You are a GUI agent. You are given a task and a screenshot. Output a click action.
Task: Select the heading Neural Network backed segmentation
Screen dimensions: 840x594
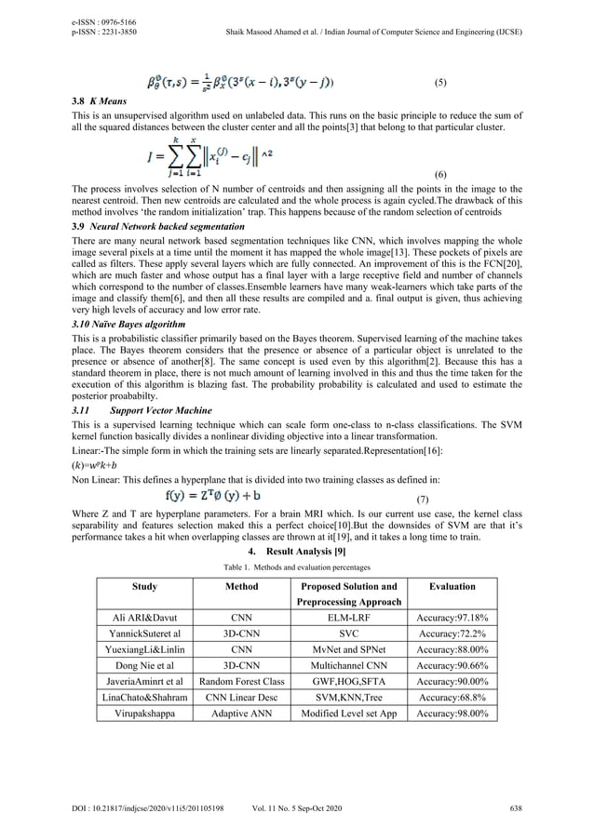click(x=151, y=226)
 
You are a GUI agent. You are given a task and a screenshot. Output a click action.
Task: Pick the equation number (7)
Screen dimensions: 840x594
click(x=422, y=500)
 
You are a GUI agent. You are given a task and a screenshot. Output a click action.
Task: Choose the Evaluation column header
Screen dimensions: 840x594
click(x=452, y=587)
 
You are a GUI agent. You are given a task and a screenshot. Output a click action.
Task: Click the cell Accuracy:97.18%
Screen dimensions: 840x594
click(x=452, y=617)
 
